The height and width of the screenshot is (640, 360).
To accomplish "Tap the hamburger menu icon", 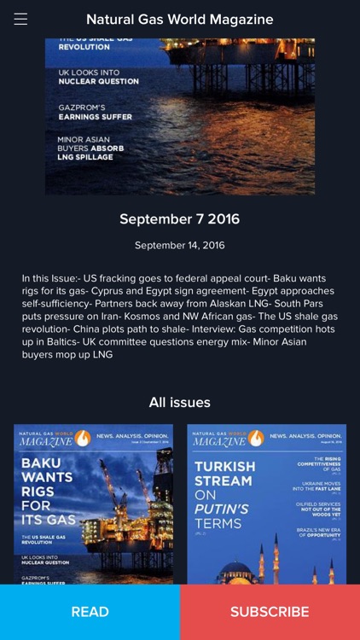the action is [x=20, y=19].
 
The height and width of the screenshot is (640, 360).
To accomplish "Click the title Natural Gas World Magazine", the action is [x=180, y=19].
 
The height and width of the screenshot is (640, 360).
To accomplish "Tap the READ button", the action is [x=90, y=612].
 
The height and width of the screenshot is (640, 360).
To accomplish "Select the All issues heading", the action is [x=180, y=402].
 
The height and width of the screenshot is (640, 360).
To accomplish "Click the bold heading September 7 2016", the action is [x=180, y=218].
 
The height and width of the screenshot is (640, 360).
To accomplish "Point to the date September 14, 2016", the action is [x=180, y=246].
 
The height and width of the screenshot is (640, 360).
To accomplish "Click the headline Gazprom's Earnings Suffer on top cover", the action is [x=95, y=112].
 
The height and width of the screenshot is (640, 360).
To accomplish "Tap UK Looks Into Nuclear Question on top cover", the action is [x=98, y=77].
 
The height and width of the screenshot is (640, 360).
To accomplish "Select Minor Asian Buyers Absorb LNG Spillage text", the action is [x=90, y=148].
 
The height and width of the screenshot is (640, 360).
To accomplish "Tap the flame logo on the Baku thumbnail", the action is [x=82, y=438].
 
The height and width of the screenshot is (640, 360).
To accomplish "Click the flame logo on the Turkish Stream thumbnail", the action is [x=255, y=438].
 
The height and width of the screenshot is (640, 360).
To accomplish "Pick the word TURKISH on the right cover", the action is [x=225, y=467].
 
